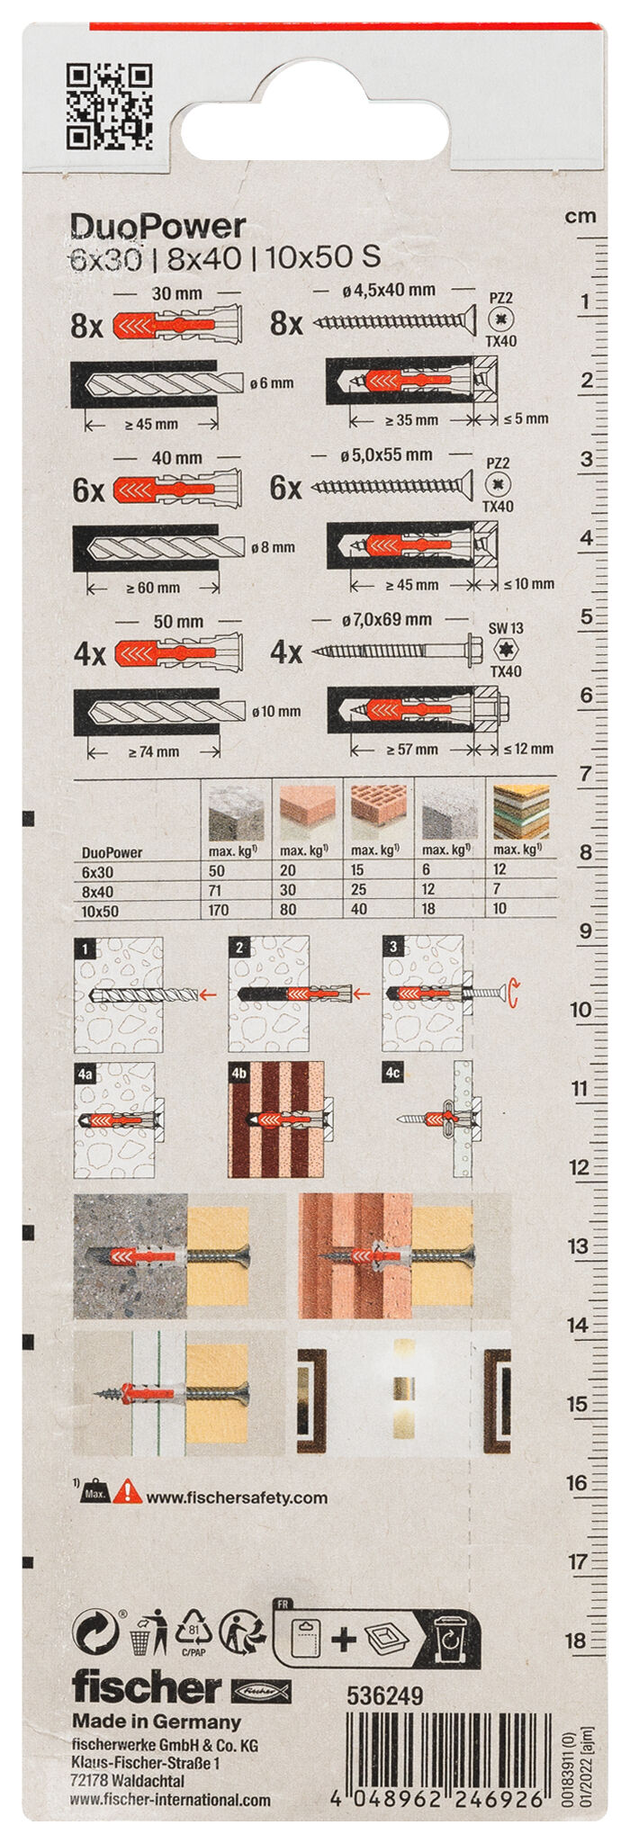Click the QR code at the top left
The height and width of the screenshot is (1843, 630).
[x=110, y=106]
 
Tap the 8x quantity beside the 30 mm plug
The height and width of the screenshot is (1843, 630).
[x=87, y=326]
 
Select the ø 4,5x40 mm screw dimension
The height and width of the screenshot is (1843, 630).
[x=389, y=290]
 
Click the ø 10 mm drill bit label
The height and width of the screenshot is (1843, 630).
[x=276, y=711]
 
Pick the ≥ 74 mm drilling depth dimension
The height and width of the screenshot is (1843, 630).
[x=153, y=751]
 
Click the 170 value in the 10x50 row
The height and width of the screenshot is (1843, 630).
[x=219, y=910]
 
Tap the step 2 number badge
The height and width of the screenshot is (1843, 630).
[x=239, y=948]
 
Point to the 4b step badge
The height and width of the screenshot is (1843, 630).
[x=238, y=1074]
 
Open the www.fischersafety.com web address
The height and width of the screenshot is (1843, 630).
[x=237, y=1498]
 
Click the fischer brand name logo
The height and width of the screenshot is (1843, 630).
[x=147, y=1687]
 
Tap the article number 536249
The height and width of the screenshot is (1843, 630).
[x=384, y=1696]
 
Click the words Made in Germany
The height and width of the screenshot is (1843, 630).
[x=157, y=1722]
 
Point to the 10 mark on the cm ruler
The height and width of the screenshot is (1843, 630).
[x=580, y=1010]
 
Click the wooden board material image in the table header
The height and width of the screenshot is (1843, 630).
[x=521, y=812]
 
